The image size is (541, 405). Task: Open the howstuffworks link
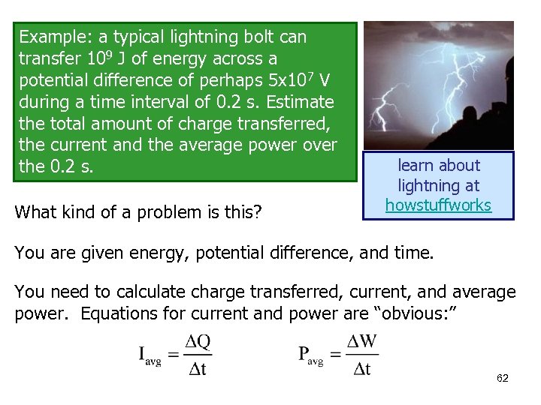438,205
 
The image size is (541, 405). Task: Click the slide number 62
502,378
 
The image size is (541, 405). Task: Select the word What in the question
35,213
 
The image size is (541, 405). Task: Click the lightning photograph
438,84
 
